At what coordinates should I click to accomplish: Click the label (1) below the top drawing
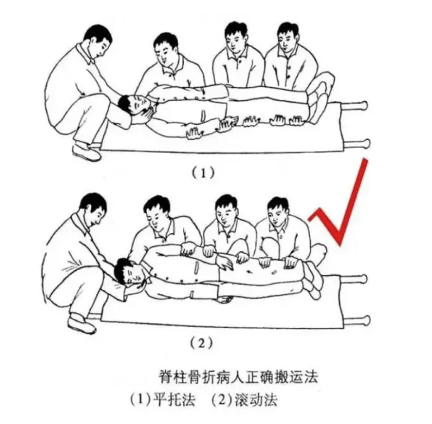[203, 173]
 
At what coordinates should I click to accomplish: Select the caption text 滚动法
[256, 399]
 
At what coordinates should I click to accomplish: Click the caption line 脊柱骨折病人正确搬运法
[239, 376]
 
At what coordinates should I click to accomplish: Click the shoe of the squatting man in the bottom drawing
[82, 325]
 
